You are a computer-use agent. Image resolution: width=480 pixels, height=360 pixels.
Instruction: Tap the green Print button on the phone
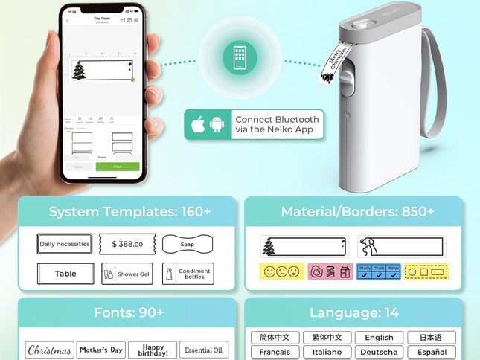[118, 167]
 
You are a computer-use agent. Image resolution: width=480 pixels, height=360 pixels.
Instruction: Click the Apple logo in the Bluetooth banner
[199, 123]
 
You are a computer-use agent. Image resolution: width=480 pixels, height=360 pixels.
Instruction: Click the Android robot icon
[217, 123]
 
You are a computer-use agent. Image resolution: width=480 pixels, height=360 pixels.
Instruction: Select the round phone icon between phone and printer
[240, 57]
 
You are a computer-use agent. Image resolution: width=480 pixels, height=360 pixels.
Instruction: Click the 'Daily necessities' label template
[65, 244]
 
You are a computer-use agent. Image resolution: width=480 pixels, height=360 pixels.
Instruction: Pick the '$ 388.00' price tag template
[127, 244]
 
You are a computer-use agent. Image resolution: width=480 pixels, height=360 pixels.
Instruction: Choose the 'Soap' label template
[188, 244]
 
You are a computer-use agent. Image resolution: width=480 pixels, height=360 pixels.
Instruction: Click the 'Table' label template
[65, 274]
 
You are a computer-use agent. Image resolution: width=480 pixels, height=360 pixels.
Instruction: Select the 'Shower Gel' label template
[127, 274]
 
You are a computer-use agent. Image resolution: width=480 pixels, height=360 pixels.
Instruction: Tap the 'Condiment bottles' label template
[188, 274]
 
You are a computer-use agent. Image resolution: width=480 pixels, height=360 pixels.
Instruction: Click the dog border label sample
[400, 246]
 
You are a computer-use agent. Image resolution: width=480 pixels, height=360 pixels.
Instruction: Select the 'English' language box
[379, 338]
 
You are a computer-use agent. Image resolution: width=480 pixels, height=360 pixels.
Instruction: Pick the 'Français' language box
[275, 352]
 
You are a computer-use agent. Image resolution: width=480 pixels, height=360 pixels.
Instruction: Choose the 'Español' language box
[432, 352]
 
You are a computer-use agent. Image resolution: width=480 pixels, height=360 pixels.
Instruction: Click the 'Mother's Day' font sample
[101, 350]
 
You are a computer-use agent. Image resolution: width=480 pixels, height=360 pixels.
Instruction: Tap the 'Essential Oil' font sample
[204, 350]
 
